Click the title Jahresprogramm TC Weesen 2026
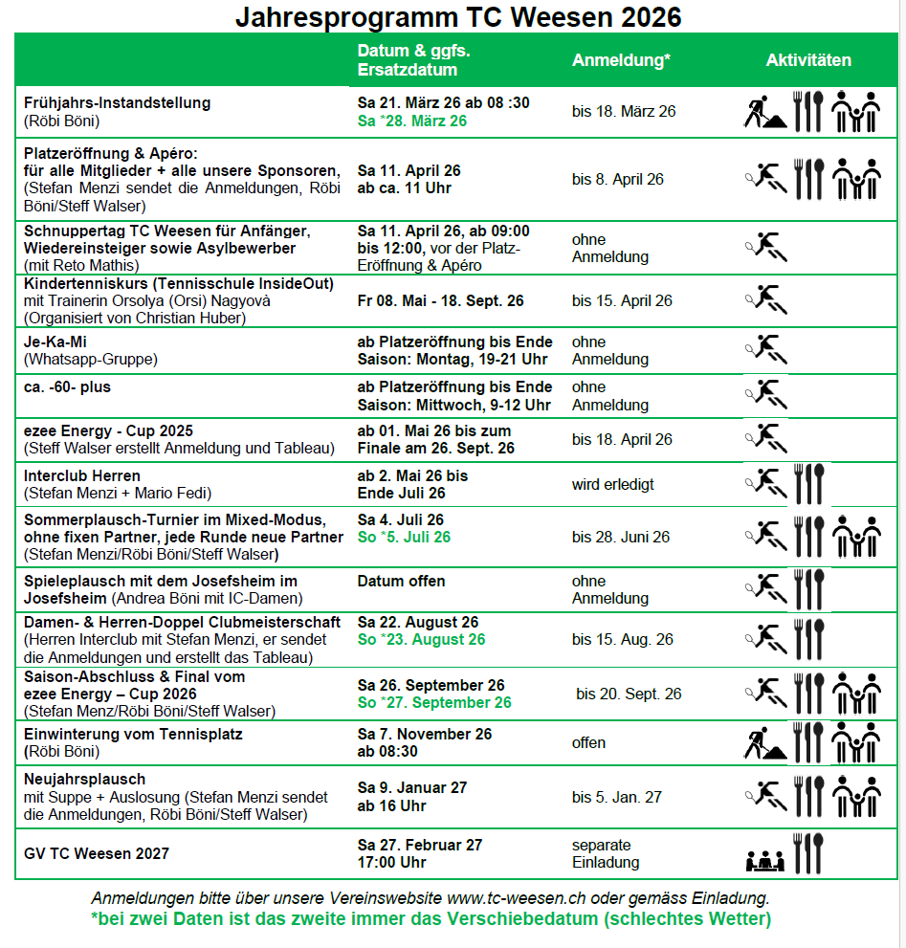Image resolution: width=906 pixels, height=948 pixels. coord(458,17)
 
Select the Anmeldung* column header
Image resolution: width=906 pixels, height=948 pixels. coord(621,60)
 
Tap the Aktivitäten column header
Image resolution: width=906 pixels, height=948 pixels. coord(808,60)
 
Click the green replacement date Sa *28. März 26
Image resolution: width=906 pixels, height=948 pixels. coord(412,121)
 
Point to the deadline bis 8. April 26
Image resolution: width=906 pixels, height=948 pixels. coord(618,179)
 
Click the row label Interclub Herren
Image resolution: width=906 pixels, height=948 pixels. coord(82,475)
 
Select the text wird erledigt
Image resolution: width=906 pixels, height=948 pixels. coord(613,484)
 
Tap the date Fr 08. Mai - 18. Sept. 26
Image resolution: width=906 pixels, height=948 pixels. coord(441,300)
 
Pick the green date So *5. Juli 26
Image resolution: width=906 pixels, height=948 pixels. coord(404,537)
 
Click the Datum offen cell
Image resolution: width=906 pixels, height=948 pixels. coord(402,581)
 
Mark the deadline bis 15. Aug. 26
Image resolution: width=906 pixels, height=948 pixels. coord(623,639)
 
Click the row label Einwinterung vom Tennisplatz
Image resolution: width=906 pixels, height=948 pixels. coord(133,734)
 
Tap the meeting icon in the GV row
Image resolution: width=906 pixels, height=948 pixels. coord(764,859)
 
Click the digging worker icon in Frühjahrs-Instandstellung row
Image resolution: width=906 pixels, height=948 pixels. coord(764,112)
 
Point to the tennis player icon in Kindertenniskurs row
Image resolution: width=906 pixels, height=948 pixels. coord(764,300)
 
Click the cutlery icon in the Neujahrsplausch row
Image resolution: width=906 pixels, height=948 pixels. coord(808,796)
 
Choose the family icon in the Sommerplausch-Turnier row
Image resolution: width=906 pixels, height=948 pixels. coord(856,537)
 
